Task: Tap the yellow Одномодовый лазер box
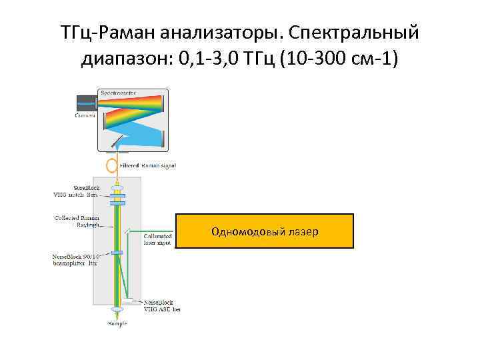[x=265, y=231]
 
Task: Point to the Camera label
[x=85, y=115]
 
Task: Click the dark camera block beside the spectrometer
[x=85, y=103]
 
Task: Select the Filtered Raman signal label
[x=147, y=164]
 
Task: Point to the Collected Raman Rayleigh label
[x=76, y=221]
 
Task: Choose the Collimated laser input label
[x=157, y=239]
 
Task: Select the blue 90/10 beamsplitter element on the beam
[x=117, y=253]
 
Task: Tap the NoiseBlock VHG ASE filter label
[x=162, y=305]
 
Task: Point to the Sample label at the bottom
[x=117, y=324]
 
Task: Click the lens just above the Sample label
[x=117, y=311]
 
